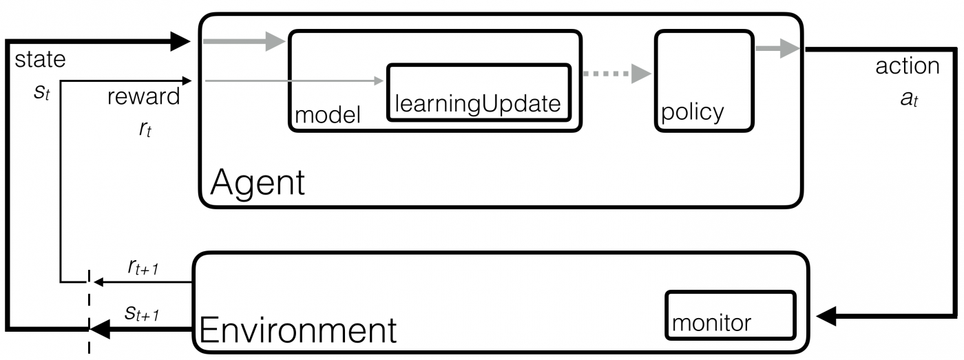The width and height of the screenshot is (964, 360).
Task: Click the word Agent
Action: tap(258, 182)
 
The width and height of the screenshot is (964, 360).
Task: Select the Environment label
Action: tap(297, 330)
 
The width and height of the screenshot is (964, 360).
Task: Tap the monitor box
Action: tap(730, 315)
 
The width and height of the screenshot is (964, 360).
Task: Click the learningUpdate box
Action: tap(479, 92)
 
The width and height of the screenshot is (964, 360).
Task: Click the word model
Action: tap(328, 115)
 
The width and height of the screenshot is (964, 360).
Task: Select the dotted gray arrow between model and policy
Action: tap(616, 72)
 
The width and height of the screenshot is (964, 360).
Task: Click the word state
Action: tap(41, 60)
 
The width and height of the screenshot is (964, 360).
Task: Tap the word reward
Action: tap(143, 96)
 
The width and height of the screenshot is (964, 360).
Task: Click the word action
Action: tap(907, 66)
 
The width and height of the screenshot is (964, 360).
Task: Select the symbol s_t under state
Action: tap(41, 92)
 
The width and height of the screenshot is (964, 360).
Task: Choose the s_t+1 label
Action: tap(142, 315)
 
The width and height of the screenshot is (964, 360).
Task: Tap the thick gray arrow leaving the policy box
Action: tap(777, 49)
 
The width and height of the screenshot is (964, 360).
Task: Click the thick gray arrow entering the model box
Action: tap(244, 41)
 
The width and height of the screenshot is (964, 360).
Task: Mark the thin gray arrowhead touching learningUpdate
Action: tap(379, 81)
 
